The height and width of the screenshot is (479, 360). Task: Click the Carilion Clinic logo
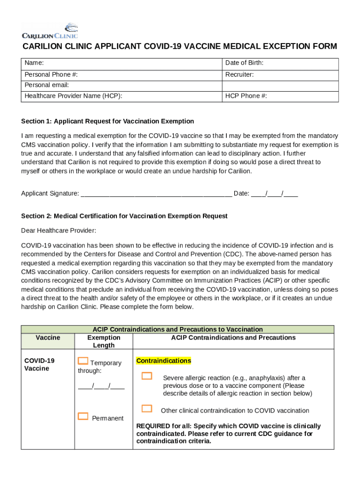pos(50,31)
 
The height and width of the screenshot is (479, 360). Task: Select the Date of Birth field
pos(280,63)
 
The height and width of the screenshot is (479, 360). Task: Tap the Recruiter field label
pos(239,75)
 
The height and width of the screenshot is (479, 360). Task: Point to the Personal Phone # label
pos(51,75)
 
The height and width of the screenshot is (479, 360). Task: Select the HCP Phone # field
pos(280,96)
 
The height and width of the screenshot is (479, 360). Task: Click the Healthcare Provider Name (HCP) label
pos(73,96)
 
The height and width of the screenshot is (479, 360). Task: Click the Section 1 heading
pos(108,121)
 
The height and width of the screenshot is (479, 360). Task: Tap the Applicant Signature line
pos(156,194)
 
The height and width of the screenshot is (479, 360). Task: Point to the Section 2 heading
pos(124,216)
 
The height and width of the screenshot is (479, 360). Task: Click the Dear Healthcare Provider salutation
pos(58,231)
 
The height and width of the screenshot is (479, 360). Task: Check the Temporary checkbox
pos(83,361)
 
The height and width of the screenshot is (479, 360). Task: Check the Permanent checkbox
pos(83,416)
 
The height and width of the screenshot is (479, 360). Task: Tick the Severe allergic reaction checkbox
pos(147,376)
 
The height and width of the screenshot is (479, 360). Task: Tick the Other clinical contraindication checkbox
pos(147,409)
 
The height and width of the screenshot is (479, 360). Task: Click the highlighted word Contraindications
pos(163,361)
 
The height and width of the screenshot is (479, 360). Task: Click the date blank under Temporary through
pos(101,386)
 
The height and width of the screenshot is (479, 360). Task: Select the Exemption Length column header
pos(104,341)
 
